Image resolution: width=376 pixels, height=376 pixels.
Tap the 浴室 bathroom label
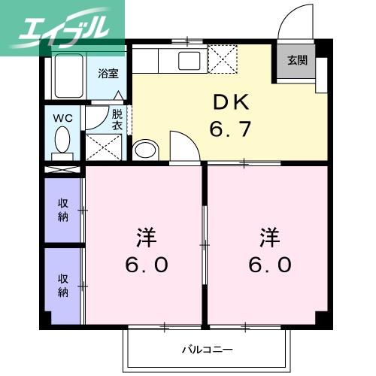[108, 74]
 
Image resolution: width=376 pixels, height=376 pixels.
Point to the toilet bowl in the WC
[63, 140]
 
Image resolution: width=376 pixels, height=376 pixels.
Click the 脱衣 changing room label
[117, 120]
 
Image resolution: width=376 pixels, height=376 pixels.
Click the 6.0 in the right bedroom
[268, 265]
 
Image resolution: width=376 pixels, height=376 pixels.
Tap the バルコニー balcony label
[207, 350]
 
